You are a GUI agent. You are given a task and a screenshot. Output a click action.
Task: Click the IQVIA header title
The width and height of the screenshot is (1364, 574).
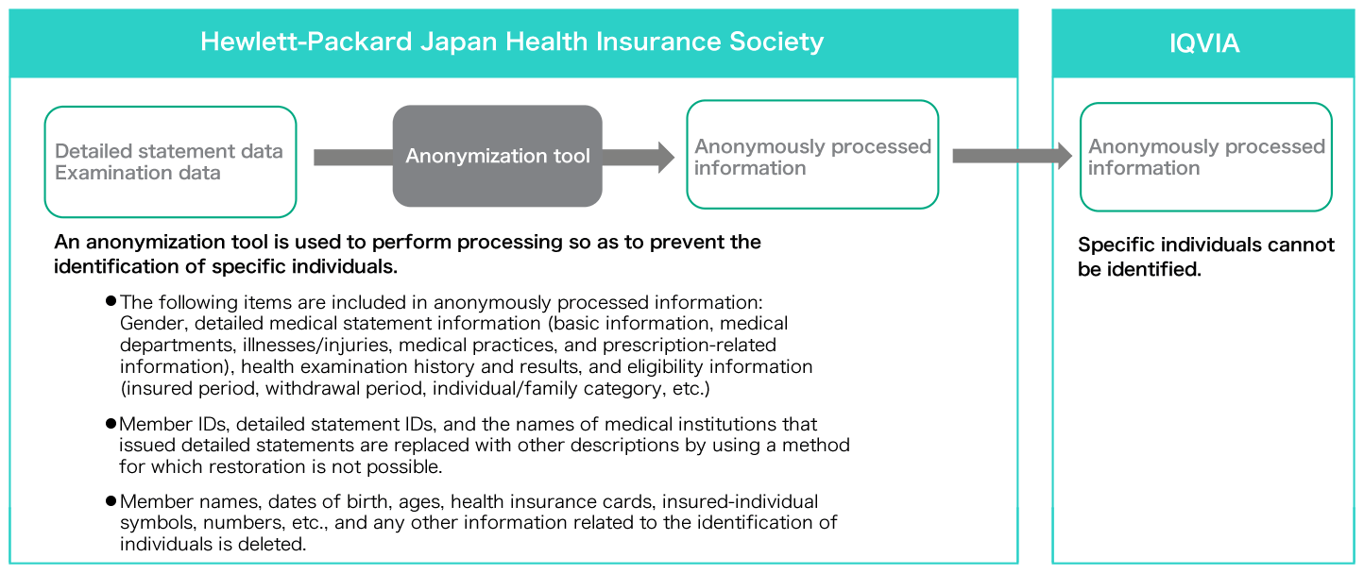pos(1203,43)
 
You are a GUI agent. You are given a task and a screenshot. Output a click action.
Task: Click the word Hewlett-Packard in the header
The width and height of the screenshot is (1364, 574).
pos(306,42)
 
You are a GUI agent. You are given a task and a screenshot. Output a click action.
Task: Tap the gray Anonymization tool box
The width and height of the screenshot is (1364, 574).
pos(498,156)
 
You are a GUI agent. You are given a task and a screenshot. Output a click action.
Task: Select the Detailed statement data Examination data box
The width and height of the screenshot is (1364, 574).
pos(170,162)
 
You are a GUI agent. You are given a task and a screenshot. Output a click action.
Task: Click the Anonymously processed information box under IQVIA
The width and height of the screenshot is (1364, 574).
pos(1205,157)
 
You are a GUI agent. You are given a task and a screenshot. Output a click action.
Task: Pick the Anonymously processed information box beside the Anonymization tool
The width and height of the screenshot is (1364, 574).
pos(812,155)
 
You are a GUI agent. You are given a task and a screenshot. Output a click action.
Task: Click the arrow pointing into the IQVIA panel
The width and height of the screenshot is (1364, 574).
pos(1012,156)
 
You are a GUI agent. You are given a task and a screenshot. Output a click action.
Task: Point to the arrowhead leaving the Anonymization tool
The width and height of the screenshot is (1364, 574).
pos(666,157)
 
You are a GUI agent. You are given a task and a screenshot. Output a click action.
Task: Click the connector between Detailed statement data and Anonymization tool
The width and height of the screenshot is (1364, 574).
pos(353,158)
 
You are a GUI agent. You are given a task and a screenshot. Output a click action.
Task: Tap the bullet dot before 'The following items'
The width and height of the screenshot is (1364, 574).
pos(111,301)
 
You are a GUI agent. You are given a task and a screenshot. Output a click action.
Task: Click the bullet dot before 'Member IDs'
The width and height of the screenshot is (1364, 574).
pos(111,423)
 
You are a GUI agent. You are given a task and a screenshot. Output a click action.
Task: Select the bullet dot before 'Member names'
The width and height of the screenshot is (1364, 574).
pos(111,501)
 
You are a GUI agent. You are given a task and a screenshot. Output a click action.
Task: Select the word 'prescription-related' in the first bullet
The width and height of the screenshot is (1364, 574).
pos(690,346)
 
